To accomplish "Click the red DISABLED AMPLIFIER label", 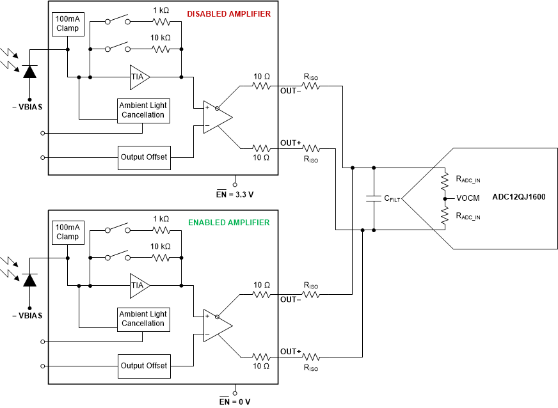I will click(x=229, y=14).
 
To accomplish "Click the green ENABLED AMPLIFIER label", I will click(x=229, y=223).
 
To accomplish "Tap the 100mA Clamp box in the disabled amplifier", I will click(x=67, y=24).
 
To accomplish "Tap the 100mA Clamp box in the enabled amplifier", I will click(x=67, y=232).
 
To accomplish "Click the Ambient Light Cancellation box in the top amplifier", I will click(x=143, y=111).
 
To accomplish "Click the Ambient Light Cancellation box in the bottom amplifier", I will click(x=143, y=319).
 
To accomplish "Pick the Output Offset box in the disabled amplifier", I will click(x=144, y=157).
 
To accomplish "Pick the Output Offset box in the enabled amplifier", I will click(x=144, y=366).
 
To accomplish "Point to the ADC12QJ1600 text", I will click(x=518, y=198).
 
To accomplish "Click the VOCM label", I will click(x=468, y=198).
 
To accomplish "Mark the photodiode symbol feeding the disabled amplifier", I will click(x=29, y=72).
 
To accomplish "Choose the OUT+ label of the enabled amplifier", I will click(x=291, y=352).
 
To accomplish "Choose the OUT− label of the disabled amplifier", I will click(x=291, y=91).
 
